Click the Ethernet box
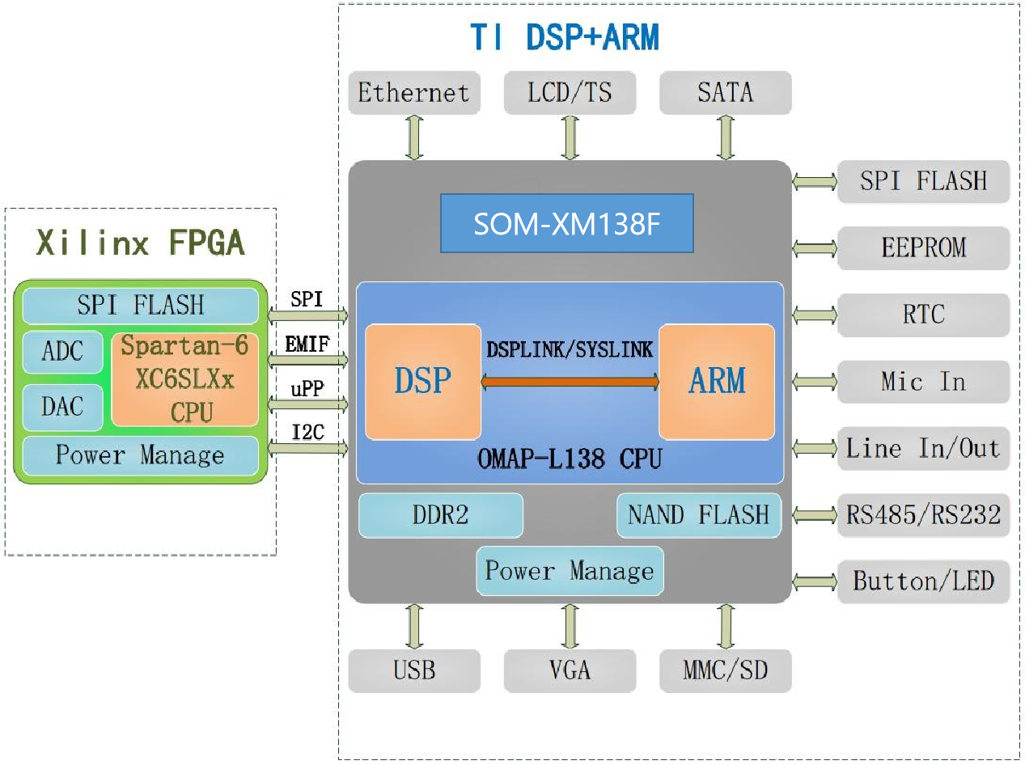(x=413, y=93)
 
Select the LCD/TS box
(x=570, y=93)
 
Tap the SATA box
(x=725, y=93)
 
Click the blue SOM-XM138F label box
(x=566, y=223)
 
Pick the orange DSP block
(x=423, y=381)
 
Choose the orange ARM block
(x=717, y=381)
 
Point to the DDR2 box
(x=440, y=515)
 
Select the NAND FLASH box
(x=698, y=515)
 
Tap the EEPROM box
(x=923, y=247)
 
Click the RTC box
(x=923, y=315)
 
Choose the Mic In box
(x=923, y=382)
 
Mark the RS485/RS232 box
(x=923, y=515)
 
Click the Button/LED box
(x=923, y=581)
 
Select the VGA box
(x=570, y=670)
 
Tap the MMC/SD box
(x=725, y=670)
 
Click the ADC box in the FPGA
(x=62, y=352)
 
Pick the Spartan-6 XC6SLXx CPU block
(x=185, y=379)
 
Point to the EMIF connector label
(x=307, y=345)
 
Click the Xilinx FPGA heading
(x=140, y=242)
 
